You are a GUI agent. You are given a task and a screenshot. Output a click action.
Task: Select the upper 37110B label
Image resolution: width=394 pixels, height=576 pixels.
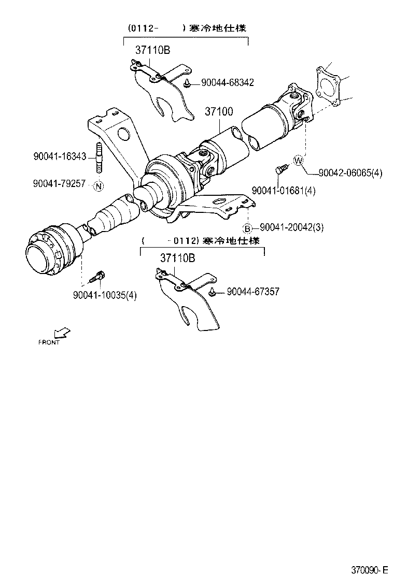[153, 50]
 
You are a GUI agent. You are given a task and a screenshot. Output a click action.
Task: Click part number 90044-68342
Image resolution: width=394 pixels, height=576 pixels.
[228, 83]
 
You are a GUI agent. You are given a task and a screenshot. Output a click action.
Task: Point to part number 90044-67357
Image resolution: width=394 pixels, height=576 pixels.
[253, 292]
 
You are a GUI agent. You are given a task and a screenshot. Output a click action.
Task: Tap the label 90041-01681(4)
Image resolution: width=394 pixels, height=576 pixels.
[284, 191]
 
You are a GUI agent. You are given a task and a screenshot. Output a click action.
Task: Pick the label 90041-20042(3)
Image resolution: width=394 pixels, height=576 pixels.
[291, 227]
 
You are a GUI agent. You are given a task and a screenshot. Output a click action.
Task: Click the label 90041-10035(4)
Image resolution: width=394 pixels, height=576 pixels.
[105, 295]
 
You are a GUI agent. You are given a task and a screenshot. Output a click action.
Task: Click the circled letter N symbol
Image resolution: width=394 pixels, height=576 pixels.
[99, 185]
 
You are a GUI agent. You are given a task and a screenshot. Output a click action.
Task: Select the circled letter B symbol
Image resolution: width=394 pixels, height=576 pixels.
[248, 228]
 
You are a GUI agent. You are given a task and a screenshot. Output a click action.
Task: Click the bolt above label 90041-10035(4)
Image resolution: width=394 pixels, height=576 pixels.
[97, 277]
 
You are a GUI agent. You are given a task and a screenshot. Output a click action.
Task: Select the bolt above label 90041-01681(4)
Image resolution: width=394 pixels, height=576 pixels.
[281, 169]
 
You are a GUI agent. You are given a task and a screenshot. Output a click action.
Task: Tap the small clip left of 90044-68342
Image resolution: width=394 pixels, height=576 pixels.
[187, 83]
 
